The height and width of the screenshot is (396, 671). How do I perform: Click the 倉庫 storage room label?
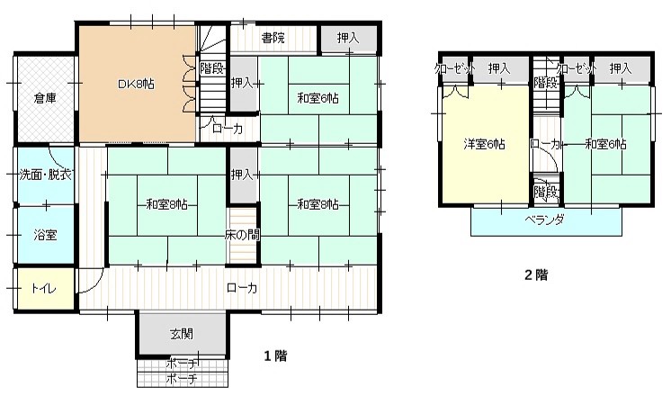[x=45, y=98]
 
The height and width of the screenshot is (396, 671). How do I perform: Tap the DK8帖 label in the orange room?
[x=136, y=84]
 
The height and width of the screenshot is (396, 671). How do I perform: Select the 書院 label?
[x=273, y=38]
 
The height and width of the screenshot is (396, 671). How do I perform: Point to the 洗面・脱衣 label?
[x=45, y=175]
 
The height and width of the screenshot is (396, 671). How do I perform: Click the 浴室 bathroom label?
[x=45, y=235]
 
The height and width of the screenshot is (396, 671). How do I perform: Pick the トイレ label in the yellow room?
[x=44, y=288]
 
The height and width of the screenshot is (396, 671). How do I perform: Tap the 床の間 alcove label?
[x=242, y=235]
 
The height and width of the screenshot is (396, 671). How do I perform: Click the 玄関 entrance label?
[x=182, y=334]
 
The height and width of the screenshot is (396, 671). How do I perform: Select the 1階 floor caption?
[x=275, y=355]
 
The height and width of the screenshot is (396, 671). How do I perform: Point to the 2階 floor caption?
[x=536, y=274]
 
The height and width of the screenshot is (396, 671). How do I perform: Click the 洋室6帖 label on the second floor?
[x=485, y=144]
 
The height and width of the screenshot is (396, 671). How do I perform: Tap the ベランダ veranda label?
[x=545, y=220]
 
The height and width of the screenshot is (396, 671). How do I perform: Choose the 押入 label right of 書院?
[x=348, y=38]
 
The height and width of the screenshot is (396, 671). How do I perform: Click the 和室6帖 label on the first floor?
[x=318, y=98]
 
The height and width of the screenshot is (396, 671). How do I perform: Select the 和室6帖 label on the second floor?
[x=606, y=144]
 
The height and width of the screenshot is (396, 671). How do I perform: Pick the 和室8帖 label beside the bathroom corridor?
[x=167, y=204]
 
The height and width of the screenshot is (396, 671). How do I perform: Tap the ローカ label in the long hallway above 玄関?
[x=242, y=288]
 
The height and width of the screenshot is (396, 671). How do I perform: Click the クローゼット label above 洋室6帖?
[x=454, y=68]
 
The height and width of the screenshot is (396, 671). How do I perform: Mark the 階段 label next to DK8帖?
[x=212, y=68]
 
